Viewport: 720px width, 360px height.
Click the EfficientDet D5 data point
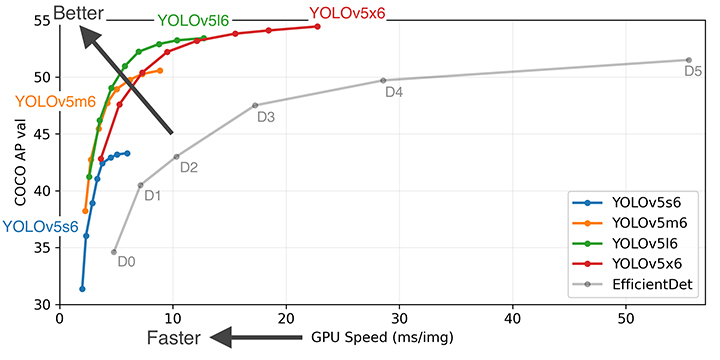[x=688, y=60]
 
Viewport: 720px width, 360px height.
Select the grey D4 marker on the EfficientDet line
[x=383, y=80]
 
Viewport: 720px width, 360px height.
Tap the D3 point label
[x=266, y=118]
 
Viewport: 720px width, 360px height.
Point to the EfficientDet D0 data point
[x=114, y=252]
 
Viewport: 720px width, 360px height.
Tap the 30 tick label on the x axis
[x=399, y=319]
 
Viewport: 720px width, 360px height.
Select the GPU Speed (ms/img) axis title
[x=382, y=338]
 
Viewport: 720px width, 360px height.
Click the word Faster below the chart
[x=174, y=338]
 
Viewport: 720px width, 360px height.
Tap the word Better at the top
[x=79, y=13]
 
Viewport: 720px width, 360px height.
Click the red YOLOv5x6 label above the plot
[x=347, y=13]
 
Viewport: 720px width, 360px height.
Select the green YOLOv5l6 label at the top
[x=193, y=21]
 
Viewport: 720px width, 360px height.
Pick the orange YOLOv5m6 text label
[x=55, y=101]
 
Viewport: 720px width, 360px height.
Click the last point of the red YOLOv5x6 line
[x=317, y=27]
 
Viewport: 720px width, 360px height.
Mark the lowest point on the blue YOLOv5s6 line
[x=82, y=289]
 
